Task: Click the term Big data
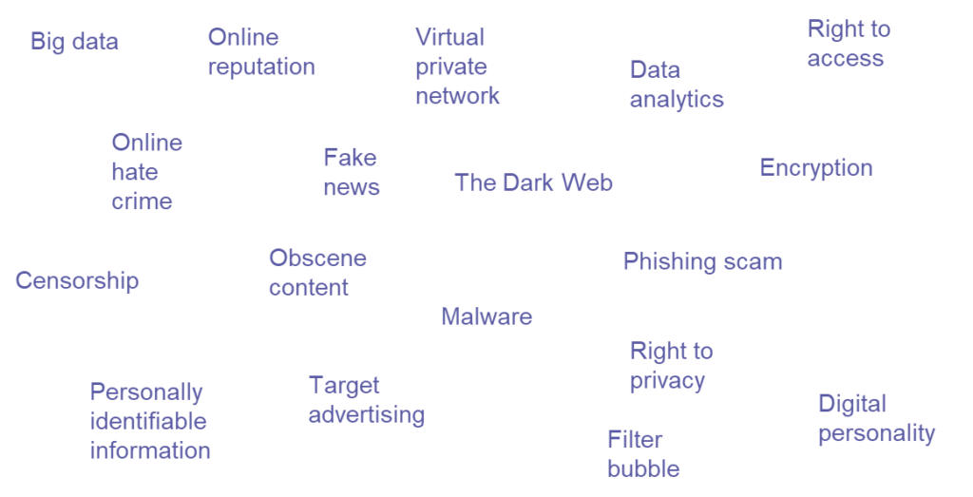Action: click(x=74, y=43)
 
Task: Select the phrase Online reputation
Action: click(x=261, y=52)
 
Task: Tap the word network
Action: click(x=457, y=96)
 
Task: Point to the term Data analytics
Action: click(x=677, y=85)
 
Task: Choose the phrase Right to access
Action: click(x=849, y=44)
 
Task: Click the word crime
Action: click(x=142, y=201)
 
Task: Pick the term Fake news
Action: click(x=352, y=172)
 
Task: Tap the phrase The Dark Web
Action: click(x=533, y=182)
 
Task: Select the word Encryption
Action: click(x=815, y=168)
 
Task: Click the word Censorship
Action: click(x=77, y=280)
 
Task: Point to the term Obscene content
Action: click(x=317, y=273)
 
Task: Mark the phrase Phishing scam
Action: click(x=702, y=261)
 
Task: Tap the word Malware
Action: click(x=486, y=316)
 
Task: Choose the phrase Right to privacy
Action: click(x=671, y=366)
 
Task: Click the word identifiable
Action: click(x=148, y=421)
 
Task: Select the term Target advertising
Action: click(x=366, y=400)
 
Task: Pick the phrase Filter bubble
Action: click(x=643, y=454)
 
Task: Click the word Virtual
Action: click(x=449, y=37)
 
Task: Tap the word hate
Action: click(x=135, y=172)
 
